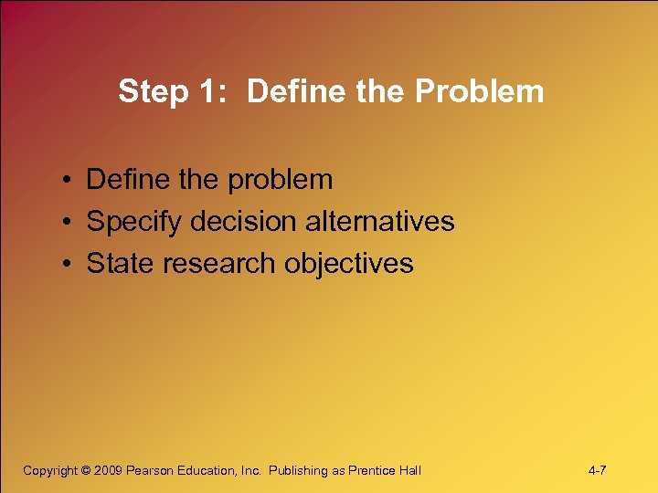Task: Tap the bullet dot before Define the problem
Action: pyautogui.click(x=69, y=181)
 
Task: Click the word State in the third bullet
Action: pyautogui.click(x=115, y=264)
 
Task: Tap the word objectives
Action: pyautogui.click(x=349, y=265)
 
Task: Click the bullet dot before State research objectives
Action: pyautogui.click(x=69, y=265)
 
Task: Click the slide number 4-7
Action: pyautogui.click(x=598, y=470)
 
